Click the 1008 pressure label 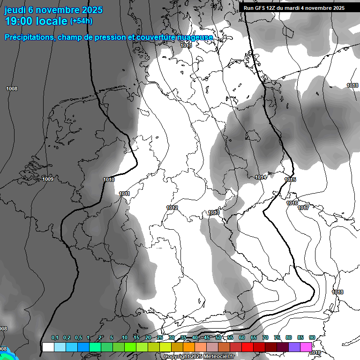tap(12, 89)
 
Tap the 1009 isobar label tap(48, 179)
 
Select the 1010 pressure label tap(109, 180)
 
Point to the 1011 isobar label tap(124, 194)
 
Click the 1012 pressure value tap(172, 208)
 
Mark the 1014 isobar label tap(261, 177)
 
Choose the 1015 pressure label tap(290, 180)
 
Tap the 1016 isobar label tap(292, 203)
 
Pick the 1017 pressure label tap(303, 208)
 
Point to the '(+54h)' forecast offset tap(81, 21)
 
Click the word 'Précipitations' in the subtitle tap(28, 37)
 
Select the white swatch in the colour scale tap(48, 347)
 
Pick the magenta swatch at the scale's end tap(306, 347)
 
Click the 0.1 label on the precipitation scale tap(55, 338)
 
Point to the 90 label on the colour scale tap(312, 338)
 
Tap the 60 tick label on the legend tap(242, 338)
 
